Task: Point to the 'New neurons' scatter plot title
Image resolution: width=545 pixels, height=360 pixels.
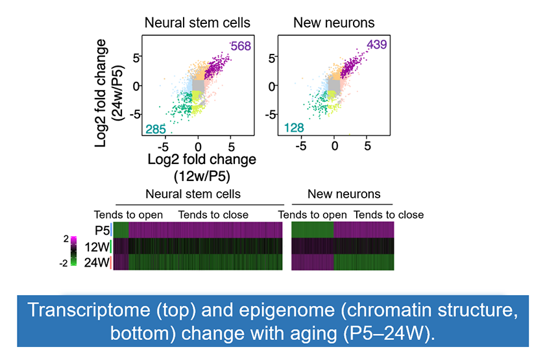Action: [334, 23]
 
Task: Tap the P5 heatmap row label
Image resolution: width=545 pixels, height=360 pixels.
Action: [101, 230]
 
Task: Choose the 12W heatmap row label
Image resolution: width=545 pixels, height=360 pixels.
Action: [98, 246]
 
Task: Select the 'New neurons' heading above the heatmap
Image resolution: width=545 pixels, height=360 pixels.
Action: [344, 194]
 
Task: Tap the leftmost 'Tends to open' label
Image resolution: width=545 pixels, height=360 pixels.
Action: [128, 215]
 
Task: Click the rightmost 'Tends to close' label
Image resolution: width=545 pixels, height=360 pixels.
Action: [389, 215]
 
